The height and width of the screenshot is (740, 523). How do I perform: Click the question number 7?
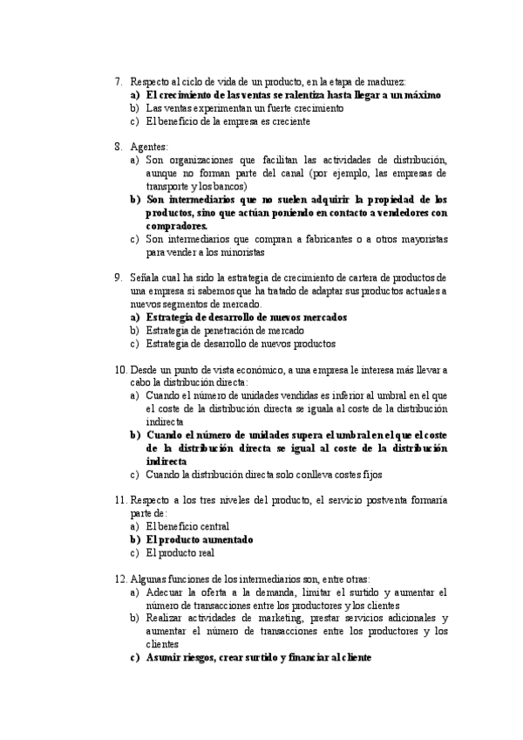[118, 81]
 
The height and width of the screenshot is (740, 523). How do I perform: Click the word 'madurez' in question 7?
[387, 81]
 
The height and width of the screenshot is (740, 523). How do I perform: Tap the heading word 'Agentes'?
[149, 147]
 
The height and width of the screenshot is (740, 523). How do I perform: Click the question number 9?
[118, 277]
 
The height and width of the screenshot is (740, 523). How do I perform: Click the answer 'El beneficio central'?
[187, 526]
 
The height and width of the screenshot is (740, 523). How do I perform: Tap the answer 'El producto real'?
[180, 552]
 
